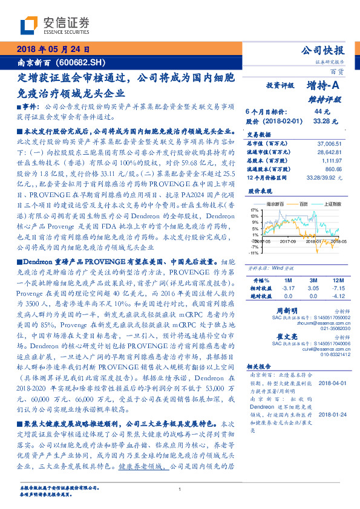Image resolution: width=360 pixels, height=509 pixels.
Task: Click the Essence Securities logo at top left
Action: [x=54, y=25]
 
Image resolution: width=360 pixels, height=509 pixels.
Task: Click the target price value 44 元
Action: [x=322, y=112]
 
